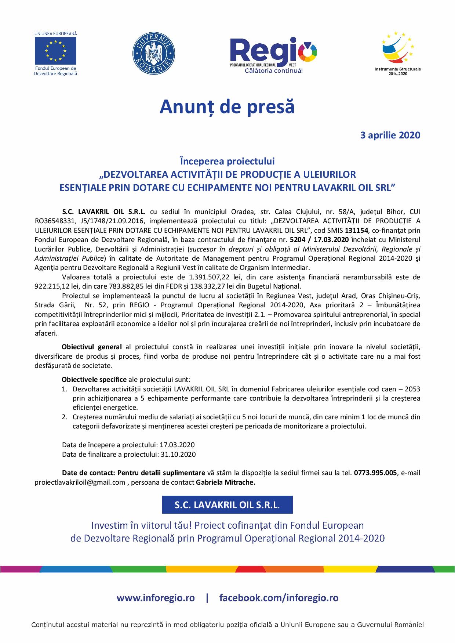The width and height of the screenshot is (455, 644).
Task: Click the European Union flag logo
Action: [x=56, y=51]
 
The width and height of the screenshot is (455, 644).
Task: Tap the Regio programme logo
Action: [x=273, y=53]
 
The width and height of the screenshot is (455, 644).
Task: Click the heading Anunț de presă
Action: [x=227, y=107]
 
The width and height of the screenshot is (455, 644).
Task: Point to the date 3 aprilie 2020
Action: [x=390, y=135]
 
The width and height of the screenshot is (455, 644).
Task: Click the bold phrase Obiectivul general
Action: [x=92, y=347]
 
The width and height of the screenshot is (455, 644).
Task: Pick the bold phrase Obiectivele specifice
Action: [x=94, y=379]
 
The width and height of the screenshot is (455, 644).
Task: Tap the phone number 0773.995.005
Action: [x=375, y=473]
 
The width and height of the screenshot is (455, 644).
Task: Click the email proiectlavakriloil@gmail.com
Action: [x=80, y=482]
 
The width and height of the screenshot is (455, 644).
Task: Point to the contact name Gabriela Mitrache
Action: [x=226, y=482]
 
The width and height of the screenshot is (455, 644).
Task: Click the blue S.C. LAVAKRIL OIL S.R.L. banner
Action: [x=227, y=505]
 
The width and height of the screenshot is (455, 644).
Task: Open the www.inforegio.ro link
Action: [x=156, y=598]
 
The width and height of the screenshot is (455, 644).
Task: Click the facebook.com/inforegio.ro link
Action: [x=279, y=598]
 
